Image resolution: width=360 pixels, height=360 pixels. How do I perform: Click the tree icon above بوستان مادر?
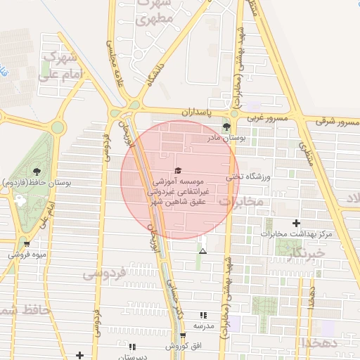pos(226,127)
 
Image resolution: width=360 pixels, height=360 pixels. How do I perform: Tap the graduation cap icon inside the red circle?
pos(177,171)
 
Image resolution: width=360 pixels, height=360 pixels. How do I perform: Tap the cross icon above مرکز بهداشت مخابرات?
pos(296,223)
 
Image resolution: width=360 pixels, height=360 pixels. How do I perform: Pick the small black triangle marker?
pos(203,251)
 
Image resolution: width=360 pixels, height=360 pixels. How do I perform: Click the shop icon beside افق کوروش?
pos(183,335)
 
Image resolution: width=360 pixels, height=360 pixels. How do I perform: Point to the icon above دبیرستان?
pos(132,347)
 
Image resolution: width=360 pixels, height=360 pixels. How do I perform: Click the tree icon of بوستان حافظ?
pos(37,171)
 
